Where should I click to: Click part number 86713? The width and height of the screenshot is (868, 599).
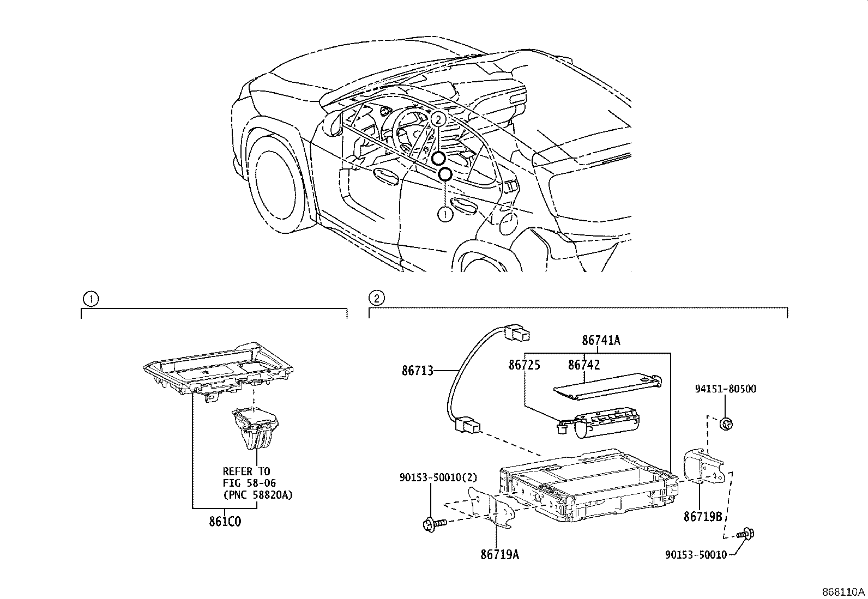[417, 371]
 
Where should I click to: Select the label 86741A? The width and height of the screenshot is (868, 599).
[601, 341]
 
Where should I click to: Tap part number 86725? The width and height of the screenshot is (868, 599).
[524, 365]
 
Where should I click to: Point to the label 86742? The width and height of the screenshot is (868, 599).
[584, 365]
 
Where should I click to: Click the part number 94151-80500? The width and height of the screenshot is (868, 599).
[725, 389]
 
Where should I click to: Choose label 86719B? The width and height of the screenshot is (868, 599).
[703, 516]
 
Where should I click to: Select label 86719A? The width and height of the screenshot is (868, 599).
[499, 555]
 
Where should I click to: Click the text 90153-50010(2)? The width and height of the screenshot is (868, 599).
[438, 477]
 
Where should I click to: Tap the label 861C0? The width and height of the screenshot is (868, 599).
[225, 521]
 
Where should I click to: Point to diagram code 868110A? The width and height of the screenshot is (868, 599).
[844, 592]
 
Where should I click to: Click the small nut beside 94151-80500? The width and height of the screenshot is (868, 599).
[726, 422]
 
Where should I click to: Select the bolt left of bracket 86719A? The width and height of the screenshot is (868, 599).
[434, 524]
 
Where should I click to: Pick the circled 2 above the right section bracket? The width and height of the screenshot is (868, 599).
[376, 298]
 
